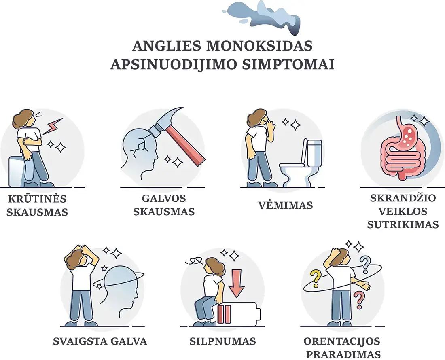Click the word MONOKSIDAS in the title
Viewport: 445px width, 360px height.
[260, 46]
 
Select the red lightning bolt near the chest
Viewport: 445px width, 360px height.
[53, 126]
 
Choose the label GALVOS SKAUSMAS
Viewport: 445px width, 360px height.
[164, 205]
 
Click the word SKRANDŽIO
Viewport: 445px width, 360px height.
[403, 198]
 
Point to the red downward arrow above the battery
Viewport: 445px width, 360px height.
[237, 283]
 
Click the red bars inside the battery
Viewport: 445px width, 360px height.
[224, 314]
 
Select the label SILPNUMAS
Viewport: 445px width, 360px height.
[222, 341]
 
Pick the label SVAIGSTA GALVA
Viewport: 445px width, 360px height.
[100, 341]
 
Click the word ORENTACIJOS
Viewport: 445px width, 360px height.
[342, 341]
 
